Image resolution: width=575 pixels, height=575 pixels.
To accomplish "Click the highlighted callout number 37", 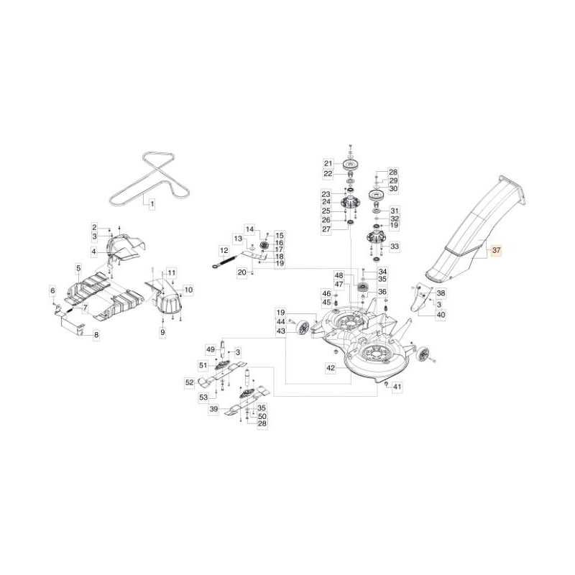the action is click(x=496, y=250).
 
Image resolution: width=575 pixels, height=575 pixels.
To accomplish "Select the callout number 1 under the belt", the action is click(x=152, y=203).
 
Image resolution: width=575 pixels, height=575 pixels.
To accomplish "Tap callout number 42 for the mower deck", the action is click(x=331, y=368).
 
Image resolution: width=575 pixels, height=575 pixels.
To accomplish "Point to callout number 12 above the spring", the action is click(x=224, y=251).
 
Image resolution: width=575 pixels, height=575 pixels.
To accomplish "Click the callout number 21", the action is click(x=328, y=164).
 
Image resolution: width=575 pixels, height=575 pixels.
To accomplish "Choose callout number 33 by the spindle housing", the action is click(x=395, y=246).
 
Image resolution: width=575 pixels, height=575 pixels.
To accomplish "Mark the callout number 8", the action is click(x=96, y=335).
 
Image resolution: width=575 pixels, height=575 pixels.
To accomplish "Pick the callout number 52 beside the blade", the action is click(x=189, y=382).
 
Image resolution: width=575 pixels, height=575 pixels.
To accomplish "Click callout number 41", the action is click(x=397, y=387).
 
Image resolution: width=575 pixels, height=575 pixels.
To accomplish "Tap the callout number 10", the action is click(x=188, y=290).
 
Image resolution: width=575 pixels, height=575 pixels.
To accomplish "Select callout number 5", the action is click(x=78, y=268).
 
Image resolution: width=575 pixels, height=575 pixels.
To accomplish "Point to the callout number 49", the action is click(x=211, y=349).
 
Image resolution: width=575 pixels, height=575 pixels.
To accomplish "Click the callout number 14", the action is click(x=249, y=229).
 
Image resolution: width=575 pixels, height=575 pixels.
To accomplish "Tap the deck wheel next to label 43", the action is click(x=303, y=328).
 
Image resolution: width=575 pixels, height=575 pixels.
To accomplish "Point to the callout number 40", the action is click(x=441, y=315).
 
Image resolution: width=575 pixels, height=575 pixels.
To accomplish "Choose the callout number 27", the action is click(x=326, y=229).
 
